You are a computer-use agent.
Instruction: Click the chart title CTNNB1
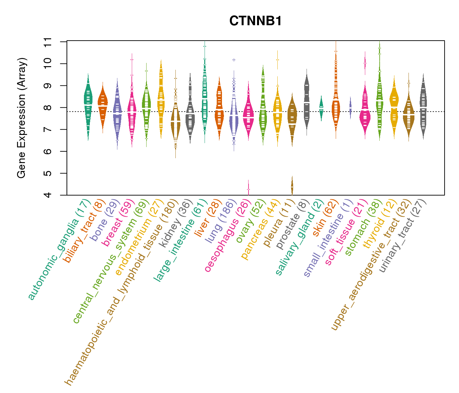click(x=255, y=21)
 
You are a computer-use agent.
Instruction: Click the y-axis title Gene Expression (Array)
click(x=22, y=118)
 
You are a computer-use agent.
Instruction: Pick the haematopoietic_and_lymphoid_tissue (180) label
click(x=121, y=291)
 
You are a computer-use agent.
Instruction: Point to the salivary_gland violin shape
click(x=321, y=106)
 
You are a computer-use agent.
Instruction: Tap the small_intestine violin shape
click(x=350, y=107)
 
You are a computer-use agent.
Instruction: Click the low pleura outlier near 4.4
click(x=292, y=186)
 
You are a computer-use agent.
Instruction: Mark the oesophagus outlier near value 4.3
click(x=248, y=189)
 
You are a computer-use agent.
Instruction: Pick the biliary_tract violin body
click(x=103, y=105)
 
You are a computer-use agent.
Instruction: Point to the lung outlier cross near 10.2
click(x=234, y=60)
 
